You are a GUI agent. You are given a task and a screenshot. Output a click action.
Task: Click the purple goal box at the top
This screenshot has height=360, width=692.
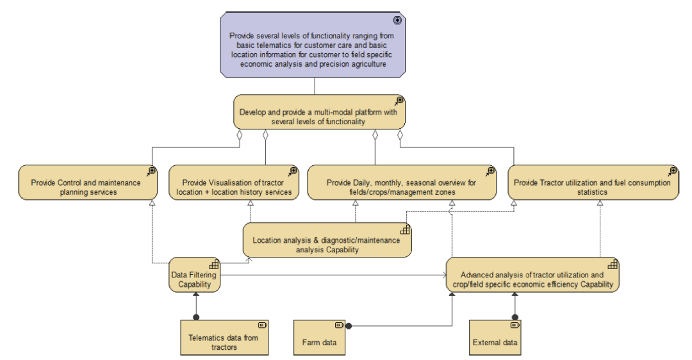313,45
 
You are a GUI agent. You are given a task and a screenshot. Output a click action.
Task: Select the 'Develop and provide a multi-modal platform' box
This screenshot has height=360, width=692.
319,112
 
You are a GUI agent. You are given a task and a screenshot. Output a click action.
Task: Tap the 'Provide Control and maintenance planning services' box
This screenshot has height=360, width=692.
88,183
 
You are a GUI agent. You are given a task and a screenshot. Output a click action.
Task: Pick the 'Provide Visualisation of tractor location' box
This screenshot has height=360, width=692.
234,183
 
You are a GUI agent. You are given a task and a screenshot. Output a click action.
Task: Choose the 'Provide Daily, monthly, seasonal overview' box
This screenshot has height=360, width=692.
402,183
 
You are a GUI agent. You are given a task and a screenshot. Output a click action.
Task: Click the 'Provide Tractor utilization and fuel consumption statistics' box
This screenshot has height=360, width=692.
593,183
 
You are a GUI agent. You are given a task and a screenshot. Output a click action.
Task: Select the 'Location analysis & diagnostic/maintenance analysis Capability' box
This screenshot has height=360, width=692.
327,240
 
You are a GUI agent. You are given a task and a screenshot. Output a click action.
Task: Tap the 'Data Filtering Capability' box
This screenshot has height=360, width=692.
195,275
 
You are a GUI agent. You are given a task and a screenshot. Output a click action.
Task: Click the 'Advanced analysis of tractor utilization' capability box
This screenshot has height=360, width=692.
532,275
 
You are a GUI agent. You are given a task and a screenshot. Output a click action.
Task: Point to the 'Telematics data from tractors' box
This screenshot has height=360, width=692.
224,338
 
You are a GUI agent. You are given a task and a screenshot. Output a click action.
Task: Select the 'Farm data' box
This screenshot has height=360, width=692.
319,338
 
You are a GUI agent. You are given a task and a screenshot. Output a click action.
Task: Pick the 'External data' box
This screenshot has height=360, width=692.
495,338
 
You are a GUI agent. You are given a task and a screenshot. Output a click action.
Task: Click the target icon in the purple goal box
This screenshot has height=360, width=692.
397,20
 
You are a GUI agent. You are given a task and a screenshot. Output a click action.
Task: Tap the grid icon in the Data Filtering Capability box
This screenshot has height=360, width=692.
213,265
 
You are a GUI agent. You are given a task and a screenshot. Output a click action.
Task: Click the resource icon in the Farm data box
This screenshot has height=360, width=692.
339,325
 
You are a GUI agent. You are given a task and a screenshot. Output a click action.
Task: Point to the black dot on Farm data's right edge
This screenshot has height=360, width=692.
349,326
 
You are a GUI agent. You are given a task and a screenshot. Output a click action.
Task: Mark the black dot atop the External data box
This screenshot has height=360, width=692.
515,317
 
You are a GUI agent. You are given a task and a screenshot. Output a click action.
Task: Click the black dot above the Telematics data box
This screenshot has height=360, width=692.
196,317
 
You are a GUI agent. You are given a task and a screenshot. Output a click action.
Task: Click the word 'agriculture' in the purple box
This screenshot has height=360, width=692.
368,64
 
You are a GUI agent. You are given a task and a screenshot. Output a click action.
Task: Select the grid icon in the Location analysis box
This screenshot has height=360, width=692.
405,230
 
